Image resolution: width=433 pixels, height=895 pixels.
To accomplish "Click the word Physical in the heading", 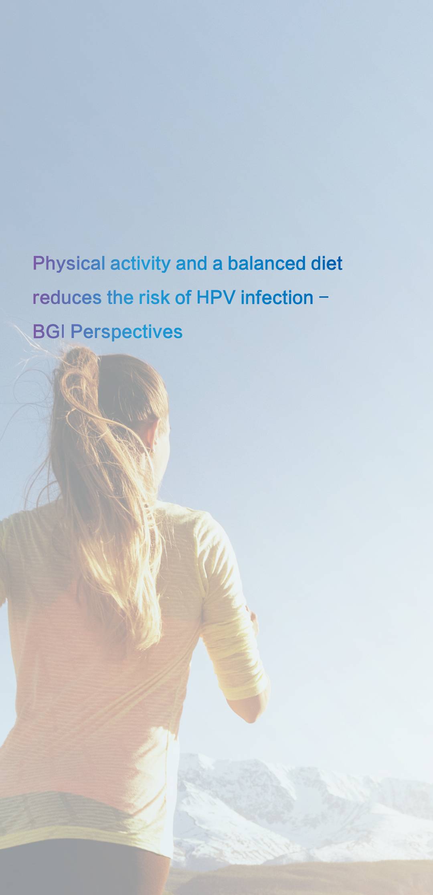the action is click(x=69, y=264).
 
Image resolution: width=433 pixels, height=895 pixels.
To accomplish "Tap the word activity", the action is click(x=140, y=264).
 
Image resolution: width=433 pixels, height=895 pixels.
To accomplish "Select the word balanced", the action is click(x=267, y=263).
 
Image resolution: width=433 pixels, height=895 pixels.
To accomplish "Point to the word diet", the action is click(x=327, y=263).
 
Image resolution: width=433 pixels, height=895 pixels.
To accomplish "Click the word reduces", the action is click(x=67, y=298).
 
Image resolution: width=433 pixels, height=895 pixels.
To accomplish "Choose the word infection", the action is click(x=277, y=298).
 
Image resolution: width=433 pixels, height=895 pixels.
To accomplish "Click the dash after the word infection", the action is click(x=325, y=298).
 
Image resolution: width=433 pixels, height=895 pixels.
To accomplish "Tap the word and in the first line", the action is click(x=191, y=263).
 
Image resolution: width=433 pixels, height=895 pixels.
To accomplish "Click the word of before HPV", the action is click(x=183, y=298).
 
